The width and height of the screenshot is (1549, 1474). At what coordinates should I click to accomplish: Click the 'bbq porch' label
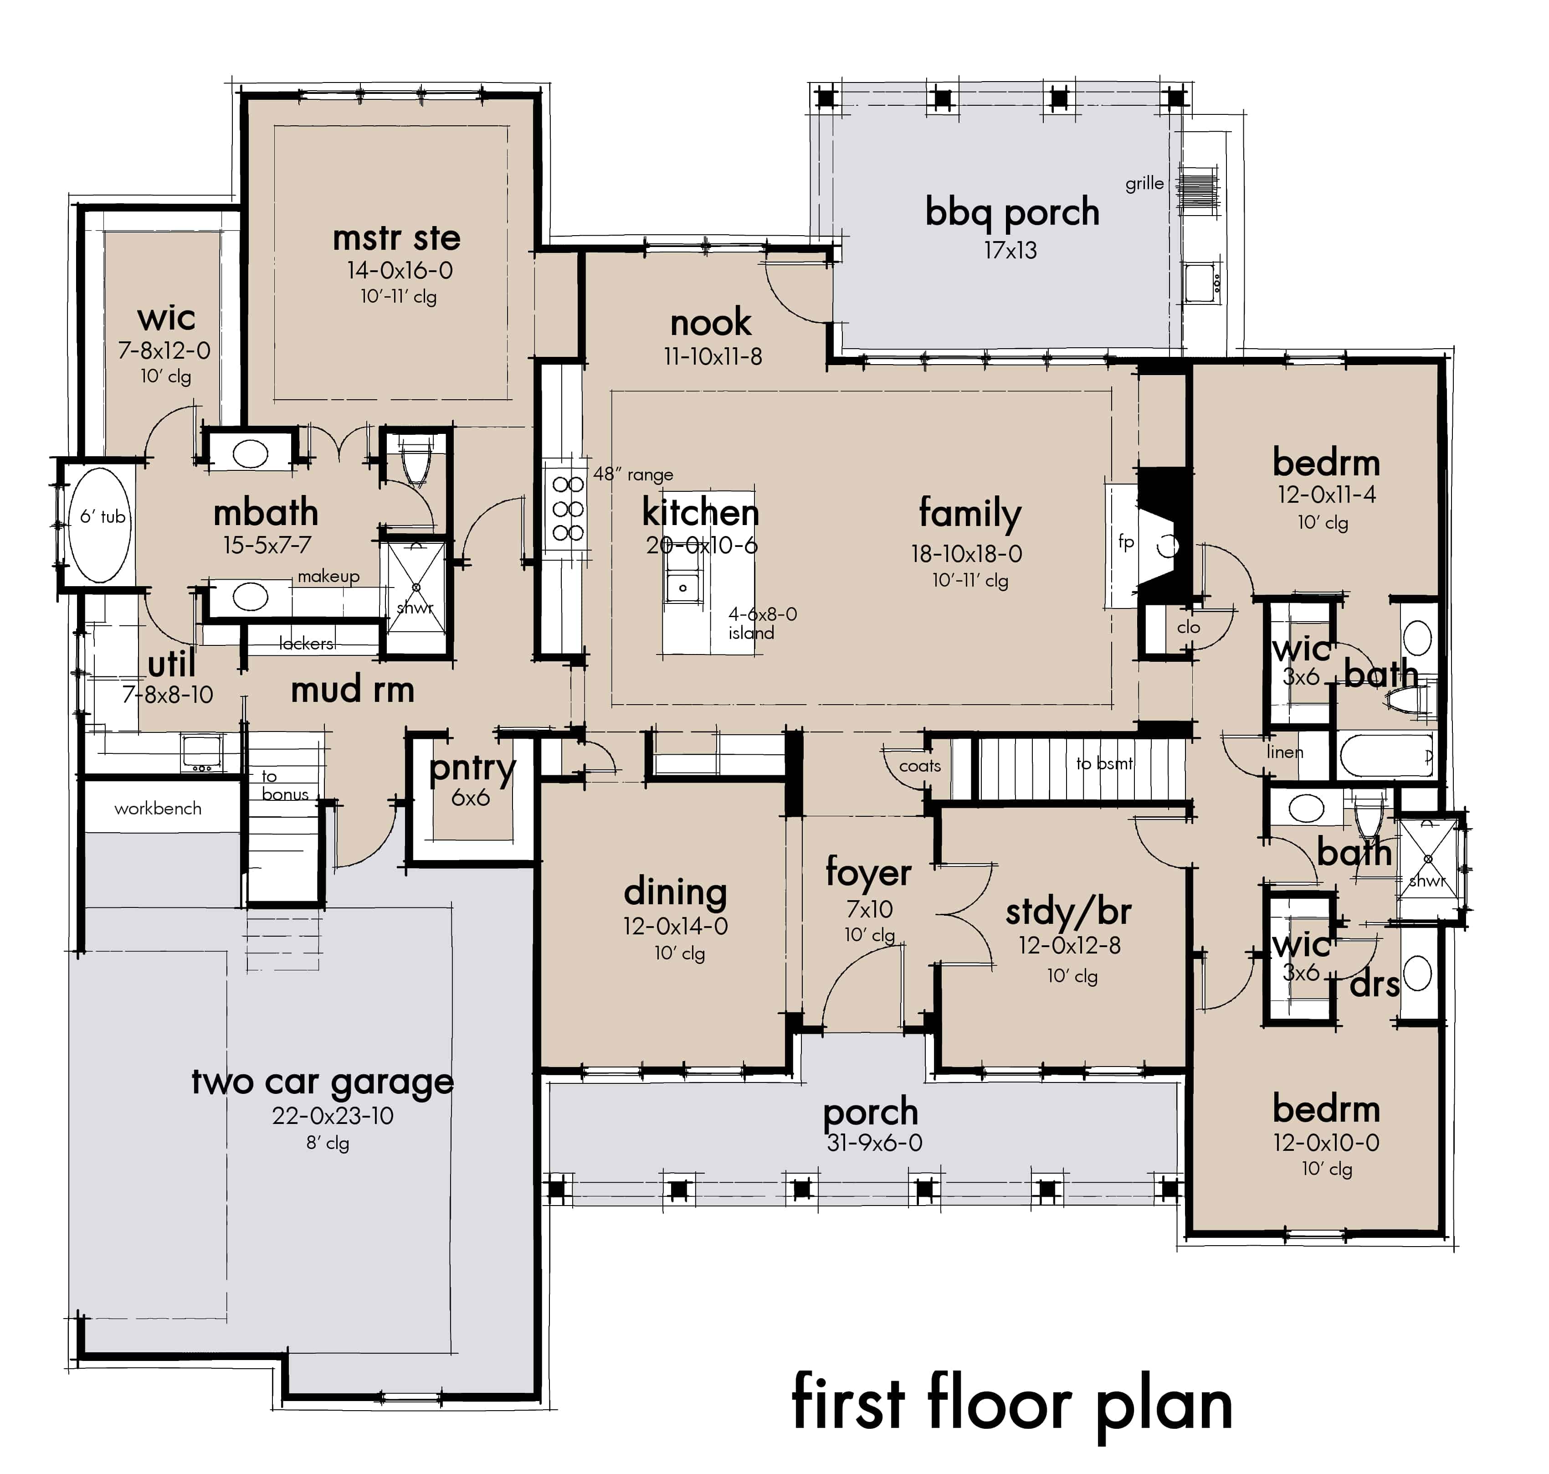coord(1012,212)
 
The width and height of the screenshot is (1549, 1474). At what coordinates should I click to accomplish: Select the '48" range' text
coord(633,474)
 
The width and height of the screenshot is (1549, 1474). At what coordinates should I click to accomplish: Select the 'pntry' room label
coord(472,768)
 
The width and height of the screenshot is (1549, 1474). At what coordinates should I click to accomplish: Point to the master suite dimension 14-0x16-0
coord(400,270)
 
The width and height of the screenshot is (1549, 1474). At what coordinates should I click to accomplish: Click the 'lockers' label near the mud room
coord(306,644)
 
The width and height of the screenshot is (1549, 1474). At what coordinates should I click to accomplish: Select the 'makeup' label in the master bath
coord(328,576)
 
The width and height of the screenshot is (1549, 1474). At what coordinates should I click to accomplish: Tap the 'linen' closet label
coord(1285,752)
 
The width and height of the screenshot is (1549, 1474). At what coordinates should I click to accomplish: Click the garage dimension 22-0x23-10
coord(332,1116)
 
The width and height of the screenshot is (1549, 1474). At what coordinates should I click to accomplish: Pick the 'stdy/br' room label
coord(1068,912)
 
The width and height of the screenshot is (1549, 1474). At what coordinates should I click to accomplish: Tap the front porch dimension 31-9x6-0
coord(873,1143)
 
